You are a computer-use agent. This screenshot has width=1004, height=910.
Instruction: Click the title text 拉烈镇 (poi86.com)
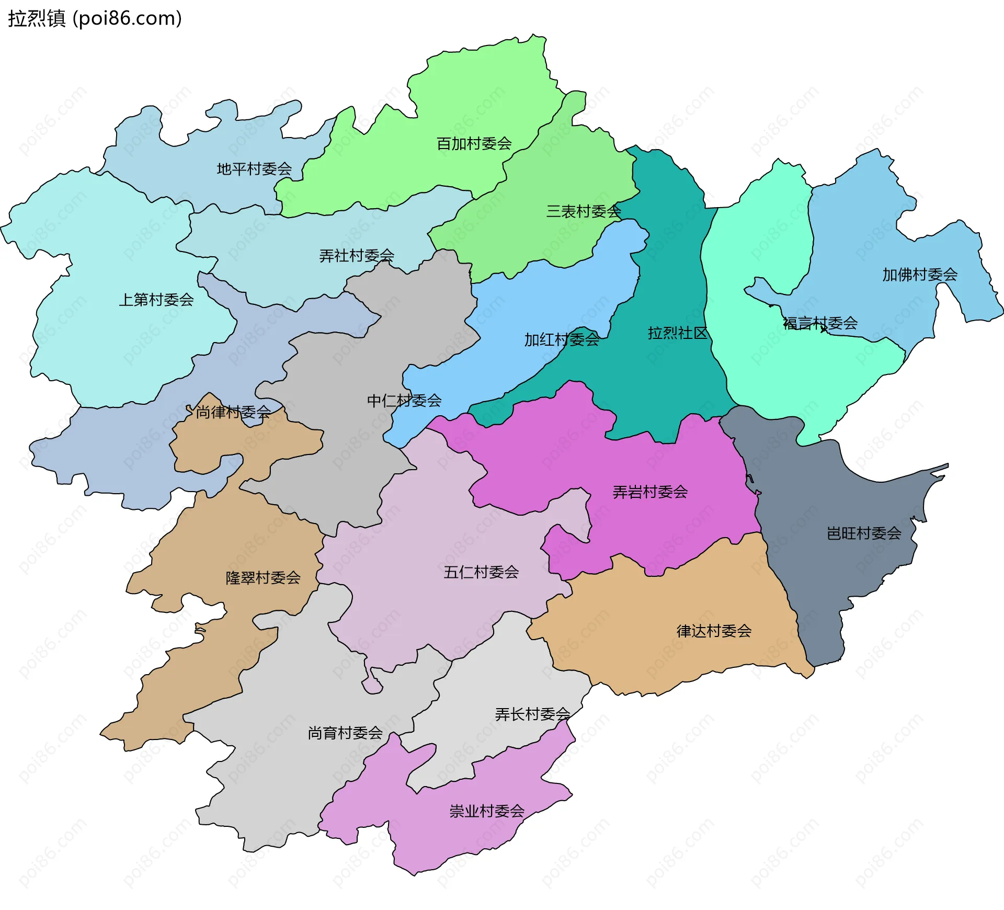point(95,18)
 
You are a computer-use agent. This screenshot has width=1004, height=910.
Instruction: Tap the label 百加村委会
point(474,143)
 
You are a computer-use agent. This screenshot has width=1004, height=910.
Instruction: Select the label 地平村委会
point(254,169)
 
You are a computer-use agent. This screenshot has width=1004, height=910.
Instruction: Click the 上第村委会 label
point(156,300)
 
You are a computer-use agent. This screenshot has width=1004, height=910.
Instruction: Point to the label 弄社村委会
point(357,256)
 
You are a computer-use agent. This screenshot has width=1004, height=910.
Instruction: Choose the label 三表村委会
point(584,211)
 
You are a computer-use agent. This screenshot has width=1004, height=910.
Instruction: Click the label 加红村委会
point(562,340)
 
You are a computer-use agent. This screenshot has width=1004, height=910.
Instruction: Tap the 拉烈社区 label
point(677,333)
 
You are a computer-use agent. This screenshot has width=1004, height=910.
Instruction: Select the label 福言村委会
point(820,323)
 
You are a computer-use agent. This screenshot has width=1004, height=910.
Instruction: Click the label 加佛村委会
point(920,275)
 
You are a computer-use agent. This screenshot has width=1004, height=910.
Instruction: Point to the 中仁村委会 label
point(404,401)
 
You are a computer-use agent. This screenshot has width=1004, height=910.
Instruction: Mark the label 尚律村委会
point(233,412)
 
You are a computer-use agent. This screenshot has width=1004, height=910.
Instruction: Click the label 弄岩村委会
point(650,492)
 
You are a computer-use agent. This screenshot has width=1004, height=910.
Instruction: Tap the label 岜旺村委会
point(864,533)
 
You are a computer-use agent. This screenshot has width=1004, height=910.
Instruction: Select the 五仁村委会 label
point(481,572)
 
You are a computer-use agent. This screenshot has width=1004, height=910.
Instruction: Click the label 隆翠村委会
point(263,577)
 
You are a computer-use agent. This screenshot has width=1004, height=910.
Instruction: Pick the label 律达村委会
point(714,631)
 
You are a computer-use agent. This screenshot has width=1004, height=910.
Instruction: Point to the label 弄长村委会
point(532,714)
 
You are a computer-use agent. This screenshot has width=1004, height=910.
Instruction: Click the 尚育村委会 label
point(345,733)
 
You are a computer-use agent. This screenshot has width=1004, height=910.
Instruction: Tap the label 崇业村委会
point(487,811)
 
